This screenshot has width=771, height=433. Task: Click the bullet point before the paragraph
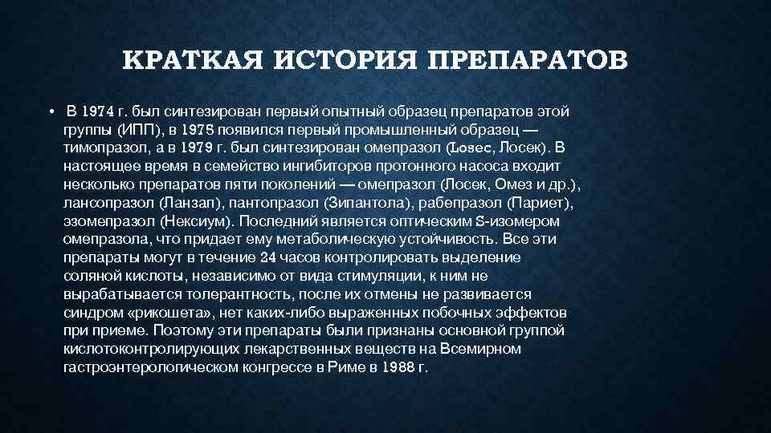tap(50, 111)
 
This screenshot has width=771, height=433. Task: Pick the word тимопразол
tap(99, 148)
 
